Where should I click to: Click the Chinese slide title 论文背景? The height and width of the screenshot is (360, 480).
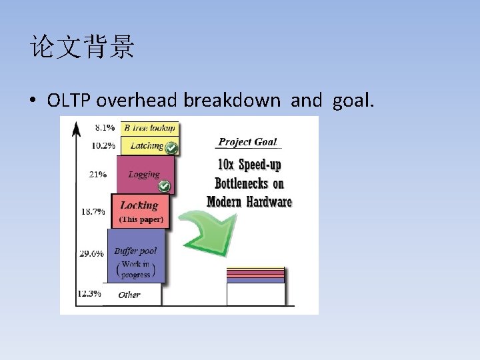pos(82,48)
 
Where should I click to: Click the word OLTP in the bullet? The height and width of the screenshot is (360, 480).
pos(70,101)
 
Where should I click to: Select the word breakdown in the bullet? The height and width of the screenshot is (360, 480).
pos(231,101)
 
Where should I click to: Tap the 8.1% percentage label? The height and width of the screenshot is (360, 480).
pos(105,127)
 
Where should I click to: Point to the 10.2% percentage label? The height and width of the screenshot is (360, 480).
pos(103,145)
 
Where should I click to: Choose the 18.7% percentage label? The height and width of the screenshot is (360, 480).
pos(93,211)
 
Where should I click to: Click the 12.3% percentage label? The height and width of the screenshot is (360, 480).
pos(89,293)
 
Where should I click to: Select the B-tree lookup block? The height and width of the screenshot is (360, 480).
pos(149,127)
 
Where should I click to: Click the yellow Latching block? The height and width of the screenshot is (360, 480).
pos(146,145)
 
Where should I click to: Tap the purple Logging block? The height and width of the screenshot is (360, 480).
pos(143,175)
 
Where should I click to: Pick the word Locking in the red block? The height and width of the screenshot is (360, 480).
pos(139,205)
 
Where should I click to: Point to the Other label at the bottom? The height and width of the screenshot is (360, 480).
pos(129,295)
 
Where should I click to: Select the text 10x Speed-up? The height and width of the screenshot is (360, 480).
pos(249,164)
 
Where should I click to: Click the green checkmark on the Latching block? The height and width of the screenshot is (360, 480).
pos(171,147)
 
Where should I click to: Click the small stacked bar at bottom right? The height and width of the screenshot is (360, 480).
pos(255,285)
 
